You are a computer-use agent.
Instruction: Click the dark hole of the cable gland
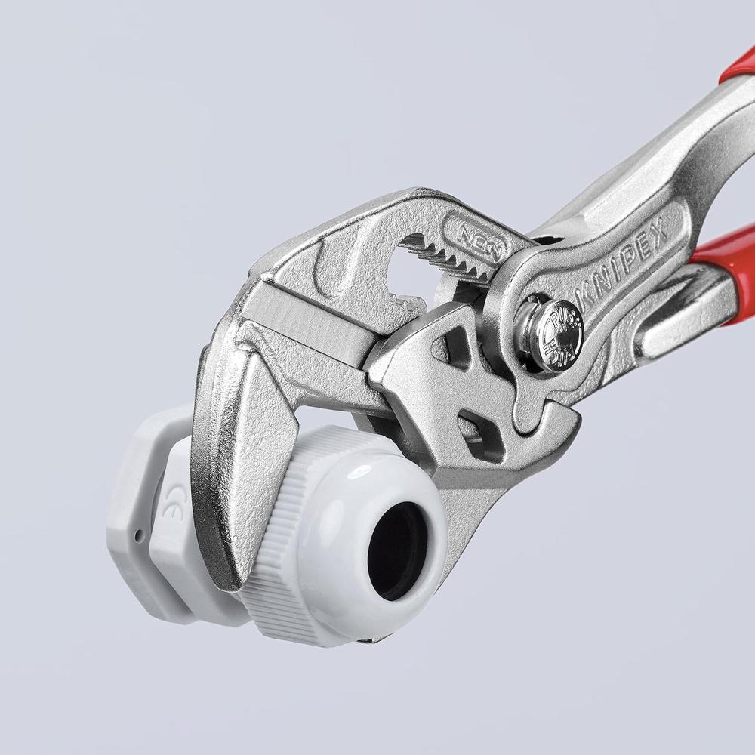point(396,550)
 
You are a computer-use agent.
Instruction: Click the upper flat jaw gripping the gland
point(226,453)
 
